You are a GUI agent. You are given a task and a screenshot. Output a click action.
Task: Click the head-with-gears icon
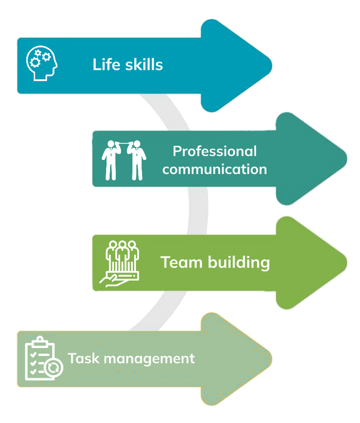[41, 64]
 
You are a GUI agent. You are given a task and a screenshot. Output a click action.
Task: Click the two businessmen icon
[124, 159]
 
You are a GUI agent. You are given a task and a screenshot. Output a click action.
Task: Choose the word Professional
[215, 151]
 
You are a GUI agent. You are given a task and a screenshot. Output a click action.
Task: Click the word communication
[215, 169]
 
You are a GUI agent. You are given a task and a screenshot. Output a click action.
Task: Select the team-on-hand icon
[120, 262]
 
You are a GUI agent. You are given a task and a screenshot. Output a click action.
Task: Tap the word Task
[80, 359]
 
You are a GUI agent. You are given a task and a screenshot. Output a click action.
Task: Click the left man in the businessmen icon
[111, 159]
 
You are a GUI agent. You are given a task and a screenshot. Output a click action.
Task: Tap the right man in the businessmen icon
[137, 159]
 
